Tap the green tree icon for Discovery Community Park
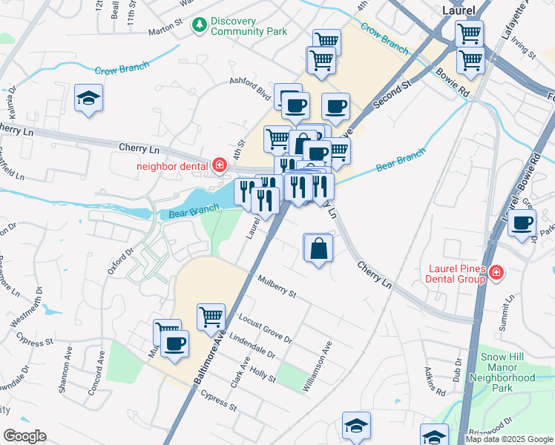(199, 26)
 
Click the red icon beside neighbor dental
(219, 165)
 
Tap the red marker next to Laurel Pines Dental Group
(496, 275)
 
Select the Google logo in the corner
(24, 436)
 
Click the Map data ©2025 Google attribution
(508, 439)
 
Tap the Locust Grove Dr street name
(266, 329)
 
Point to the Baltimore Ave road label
(212, 357)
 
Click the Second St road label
(392, 96)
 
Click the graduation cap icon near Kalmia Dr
(89, 98)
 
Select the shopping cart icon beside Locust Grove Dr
(211, 317)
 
